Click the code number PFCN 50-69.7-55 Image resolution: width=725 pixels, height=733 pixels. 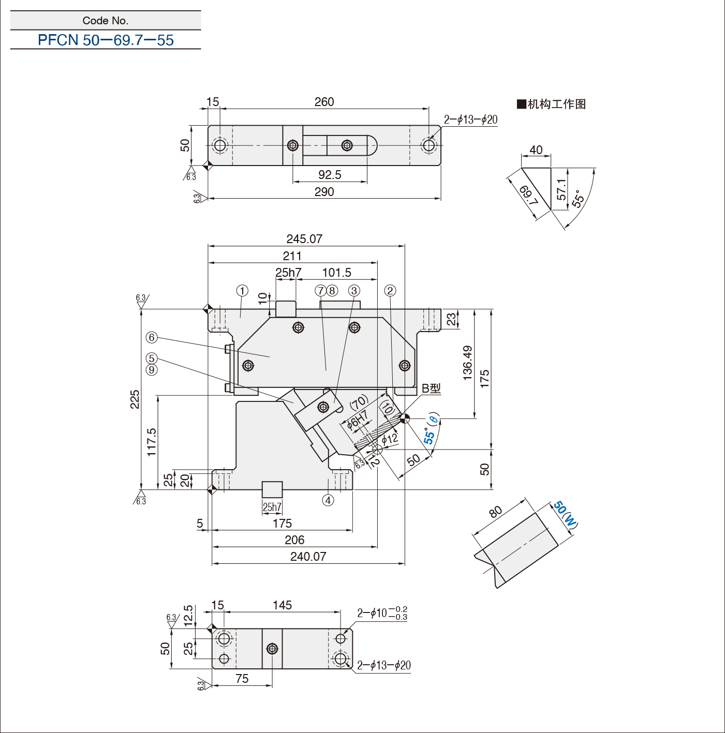(x=106, y=40)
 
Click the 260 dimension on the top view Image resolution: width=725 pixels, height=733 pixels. (x=324, y=101)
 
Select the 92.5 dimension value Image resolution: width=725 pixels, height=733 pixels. (x=330, y=175)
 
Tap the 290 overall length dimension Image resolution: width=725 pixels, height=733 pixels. (x=324, y=192)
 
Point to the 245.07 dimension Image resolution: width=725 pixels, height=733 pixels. (x=304, y=239)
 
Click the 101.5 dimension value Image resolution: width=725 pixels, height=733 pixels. (x=337, y=273)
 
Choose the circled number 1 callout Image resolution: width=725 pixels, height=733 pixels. (x=242, y=291)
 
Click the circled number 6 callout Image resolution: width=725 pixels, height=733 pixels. (x=152, y=337)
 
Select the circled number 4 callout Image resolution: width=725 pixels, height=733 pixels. (x=328, y=500)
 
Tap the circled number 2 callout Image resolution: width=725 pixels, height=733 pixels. (x=390, y=291)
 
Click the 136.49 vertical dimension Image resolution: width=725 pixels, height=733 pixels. (x=468, y=363)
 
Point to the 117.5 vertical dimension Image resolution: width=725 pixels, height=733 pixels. (x=152, y=442)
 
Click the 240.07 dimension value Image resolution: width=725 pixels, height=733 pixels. (x=308, y=557)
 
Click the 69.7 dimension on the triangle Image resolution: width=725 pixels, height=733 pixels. (x=529, y=195)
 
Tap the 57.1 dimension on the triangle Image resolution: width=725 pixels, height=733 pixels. (x=561, y=189)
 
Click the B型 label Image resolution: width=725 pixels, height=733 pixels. (x=431, y=388)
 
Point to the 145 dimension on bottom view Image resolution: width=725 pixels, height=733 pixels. (x=283, y=605)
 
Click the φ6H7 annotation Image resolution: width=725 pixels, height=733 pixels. (x=357, y=421)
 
